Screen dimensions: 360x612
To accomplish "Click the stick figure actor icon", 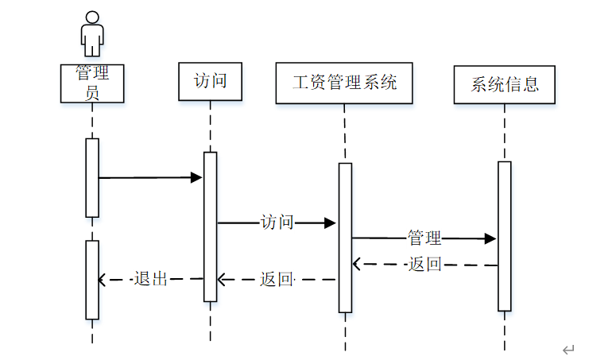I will click(92, 33).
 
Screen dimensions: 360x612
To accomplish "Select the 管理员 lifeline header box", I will click(92, 83).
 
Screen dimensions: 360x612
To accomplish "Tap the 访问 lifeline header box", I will click(211, 81).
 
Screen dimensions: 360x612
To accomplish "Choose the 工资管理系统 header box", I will click(344, 83).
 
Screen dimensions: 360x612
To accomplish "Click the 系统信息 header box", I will click(504, 84).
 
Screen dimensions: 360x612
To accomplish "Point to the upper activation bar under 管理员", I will click(92, 177).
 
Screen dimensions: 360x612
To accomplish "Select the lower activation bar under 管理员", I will click(92, 280).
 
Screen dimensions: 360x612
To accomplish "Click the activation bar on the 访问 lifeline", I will click(210, 226).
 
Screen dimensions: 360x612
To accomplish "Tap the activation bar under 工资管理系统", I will click(345, 237).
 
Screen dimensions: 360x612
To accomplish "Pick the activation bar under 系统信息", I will click(504, 235).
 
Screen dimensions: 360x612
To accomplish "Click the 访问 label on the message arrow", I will click(277, 223).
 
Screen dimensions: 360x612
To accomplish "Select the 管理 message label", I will click(424, 238).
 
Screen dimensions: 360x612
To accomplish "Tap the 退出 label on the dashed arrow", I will click(151, 279).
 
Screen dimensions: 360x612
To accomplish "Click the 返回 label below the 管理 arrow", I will click(424, 265).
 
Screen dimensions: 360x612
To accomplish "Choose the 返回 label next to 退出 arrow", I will click(277, 279).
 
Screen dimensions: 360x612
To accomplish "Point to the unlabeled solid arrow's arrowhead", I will click(197, 177).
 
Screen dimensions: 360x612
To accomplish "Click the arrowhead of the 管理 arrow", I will click(491, 238).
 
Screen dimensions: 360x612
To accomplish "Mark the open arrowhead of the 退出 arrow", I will click(102, 279).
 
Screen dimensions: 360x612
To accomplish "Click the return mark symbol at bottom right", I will click(567, 350).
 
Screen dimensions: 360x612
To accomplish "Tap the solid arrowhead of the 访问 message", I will click(331, 223).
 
